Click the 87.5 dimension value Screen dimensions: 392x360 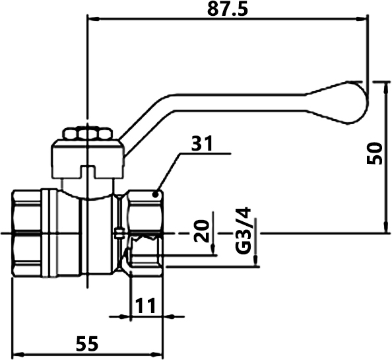point(228,9)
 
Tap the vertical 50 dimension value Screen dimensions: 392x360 point(374,153)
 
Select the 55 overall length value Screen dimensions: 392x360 point(87,343)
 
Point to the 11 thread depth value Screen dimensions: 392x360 point(145,305)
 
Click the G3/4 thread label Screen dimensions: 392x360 point(243,230)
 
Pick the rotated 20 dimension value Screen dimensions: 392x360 point(202,231)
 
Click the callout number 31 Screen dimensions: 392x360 point(201,143)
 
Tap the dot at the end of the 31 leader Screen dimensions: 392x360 point(156,194)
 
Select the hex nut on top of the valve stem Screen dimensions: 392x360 point(87,133)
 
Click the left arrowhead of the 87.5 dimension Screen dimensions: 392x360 point(93,18)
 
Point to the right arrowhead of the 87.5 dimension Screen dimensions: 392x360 point(362,18)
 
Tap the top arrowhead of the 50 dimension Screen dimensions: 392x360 point(386,88)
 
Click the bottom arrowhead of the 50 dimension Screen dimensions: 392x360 point(386,227)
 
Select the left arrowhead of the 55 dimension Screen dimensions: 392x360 point(18,355)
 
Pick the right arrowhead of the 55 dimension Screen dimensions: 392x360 point(157,355)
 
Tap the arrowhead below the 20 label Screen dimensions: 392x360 point(212,250)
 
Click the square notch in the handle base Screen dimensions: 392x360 point(87,172)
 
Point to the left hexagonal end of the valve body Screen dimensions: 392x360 point(27,234)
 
